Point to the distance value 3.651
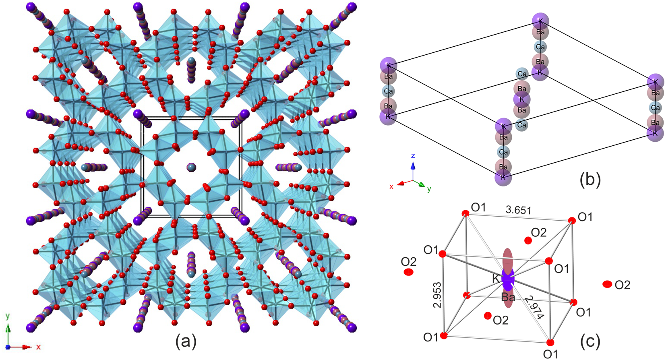tap(518, 210)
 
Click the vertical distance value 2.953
tap(438, 295)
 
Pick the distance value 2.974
tap(534, 307)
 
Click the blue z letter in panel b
tap(413, 156)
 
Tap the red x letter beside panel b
tap(391, 187)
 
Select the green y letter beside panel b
tap(429, 189)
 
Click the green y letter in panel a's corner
tap(8, 316)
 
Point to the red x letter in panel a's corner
tap(38, 347)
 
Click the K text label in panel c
tap(496, 279)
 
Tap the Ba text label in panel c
tap(508, 297)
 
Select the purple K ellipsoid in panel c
tap(508, 279)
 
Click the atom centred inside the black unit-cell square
tap(191, 167)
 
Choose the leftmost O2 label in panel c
tap(409, 262)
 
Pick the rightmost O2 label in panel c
tap(622, 285)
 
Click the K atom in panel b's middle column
tap(522, 99)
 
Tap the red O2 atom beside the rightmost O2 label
tap(607, 284)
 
